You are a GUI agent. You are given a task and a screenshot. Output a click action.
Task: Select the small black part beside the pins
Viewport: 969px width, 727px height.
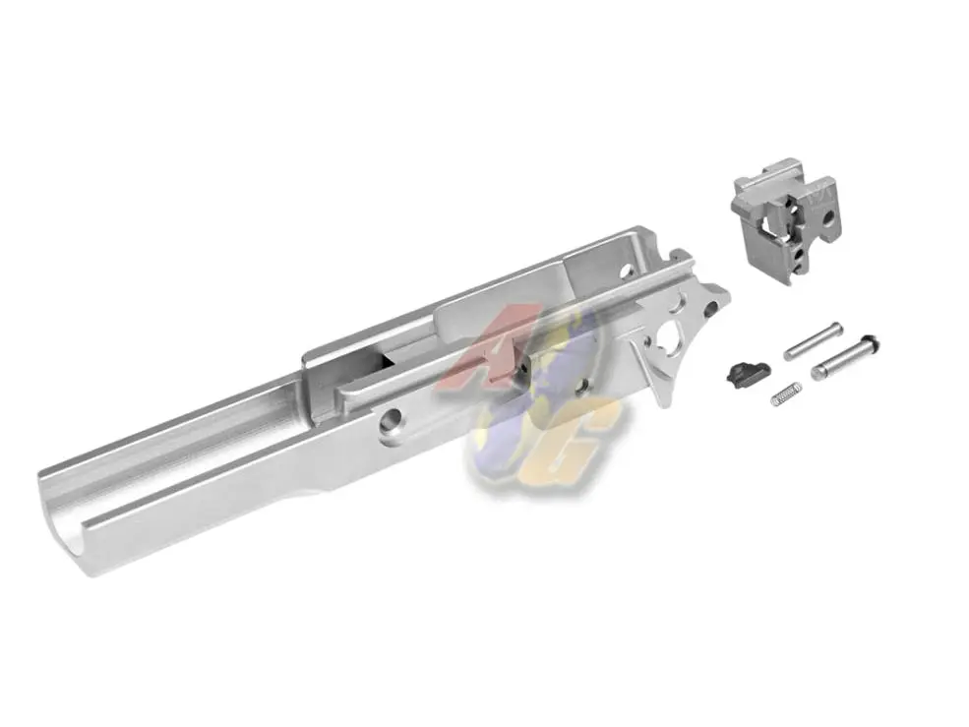pos(739,372)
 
